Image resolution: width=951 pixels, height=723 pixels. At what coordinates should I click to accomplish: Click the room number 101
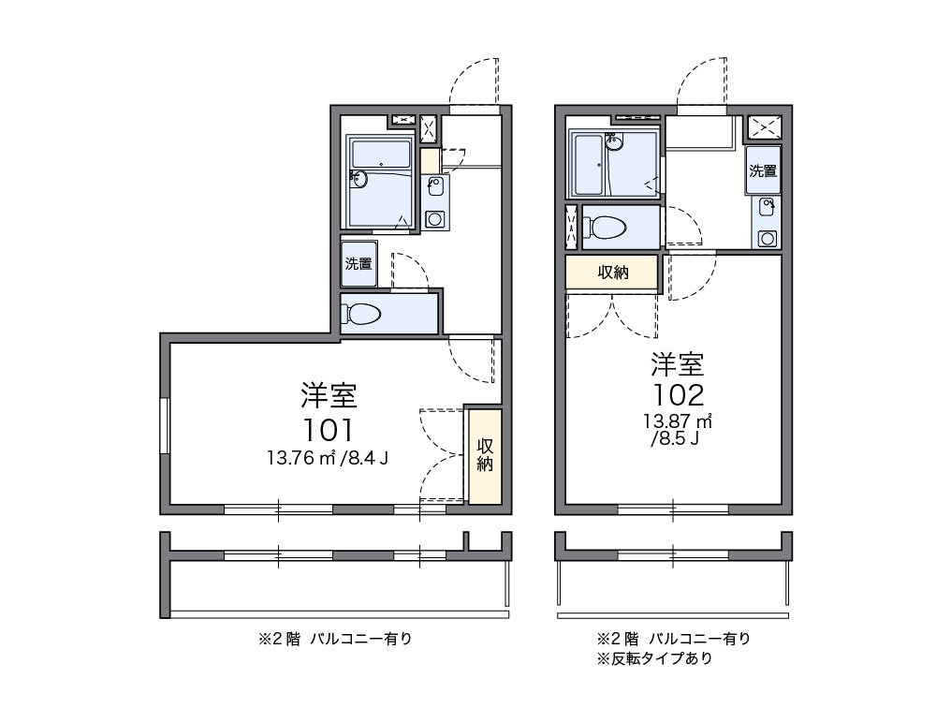[x=328, y=430]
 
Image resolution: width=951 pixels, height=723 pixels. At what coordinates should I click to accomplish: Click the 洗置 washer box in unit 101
[x=358, y=264]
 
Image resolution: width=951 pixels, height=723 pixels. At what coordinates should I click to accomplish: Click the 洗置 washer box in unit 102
[x=763, y=170]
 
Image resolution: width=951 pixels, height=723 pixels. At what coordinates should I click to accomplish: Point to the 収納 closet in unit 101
[x=485, y=455]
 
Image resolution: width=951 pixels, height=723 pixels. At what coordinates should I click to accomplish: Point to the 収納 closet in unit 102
[x=613, y=273]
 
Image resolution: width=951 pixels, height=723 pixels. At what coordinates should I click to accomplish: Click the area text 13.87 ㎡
[x=678, y=420]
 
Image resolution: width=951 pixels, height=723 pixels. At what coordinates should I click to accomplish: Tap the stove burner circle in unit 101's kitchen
[x=434, y=219]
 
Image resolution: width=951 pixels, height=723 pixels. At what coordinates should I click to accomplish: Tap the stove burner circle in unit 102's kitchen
[x=767, y=238]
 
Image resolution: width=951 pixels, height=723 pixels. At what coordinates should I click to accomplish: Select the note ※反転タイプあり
[x=655, y=657]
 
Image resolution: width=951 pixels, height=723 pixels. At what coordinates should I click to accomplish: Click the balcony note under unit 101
[x=334, y=640]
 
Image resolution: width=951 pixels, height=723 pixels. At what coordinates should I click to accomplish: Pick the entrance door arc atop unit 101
[x=473, y=81]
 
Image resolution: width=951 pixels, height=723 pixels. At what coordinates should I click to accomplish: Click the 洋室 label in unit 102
[x=678, y=362]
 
